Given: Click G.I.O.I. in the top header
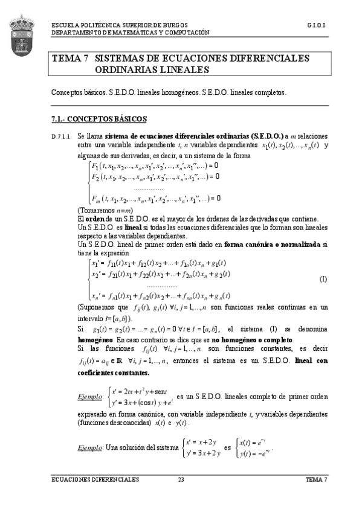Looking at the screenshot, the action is [x=317, y=27].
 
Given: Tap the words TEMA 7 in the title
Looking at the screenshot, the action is [x=71, y=59].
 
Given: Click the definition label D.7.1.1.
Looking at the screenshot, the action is [x=63, y=137].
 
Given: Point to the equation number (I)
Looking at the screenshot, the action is [x=323, y=279].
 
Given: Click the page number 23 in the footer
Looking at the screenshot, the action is [x=180, y=479].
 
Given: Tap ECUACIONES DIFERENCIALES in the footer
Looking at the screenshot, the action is [x=95, y=479].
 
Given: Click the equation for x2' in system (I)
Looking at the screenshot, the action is [x=161, y=274].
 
